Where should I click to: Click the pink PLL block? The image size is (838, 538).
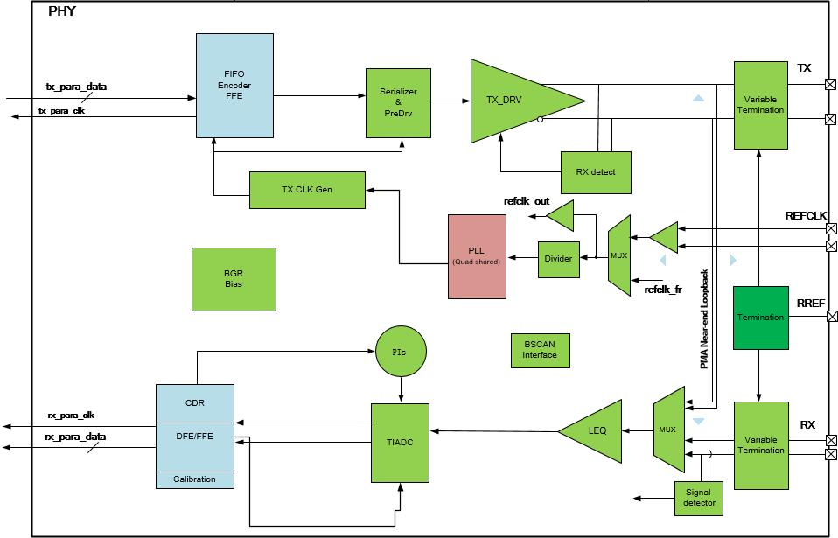477,256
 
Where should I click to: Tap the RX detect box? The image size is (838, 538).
596,172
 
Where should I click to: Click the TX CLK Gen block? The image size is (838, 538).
307,190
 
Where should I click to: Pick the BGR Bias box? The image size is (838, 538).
234,279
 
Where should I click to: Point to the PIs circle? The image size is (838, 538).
401,352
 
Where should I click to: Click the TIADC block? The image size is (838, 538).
400,443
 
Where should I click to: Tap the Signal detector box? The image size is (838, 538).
699,499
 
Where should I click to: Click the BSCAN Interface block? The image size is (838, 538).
540,351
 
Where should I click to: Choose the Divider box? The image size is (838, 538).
558,259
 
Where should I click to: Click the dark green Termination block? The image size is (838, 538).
760,318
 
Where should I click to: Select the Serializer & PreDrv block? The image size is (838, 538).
398,103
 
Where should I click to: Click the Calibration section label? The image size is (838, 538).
194,479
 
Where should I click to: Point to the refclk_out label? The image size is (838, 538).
527,201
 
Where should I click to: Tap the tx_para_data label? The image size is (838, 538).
76,87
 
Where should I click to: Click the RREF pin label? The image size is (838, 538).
811,303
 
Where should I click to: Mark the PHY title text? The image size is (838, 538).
62,11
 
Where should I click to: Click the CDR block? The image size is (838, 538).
194,403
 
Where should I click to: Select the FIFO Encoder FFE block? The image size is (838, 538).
234,86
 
